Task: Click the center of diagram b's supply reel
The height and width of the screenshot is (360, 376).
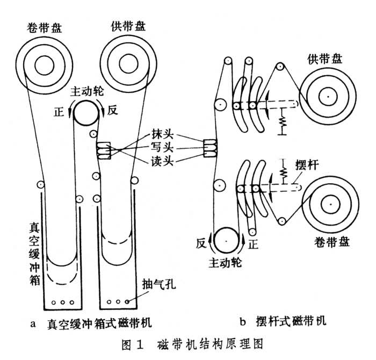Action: coord(326,97)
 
